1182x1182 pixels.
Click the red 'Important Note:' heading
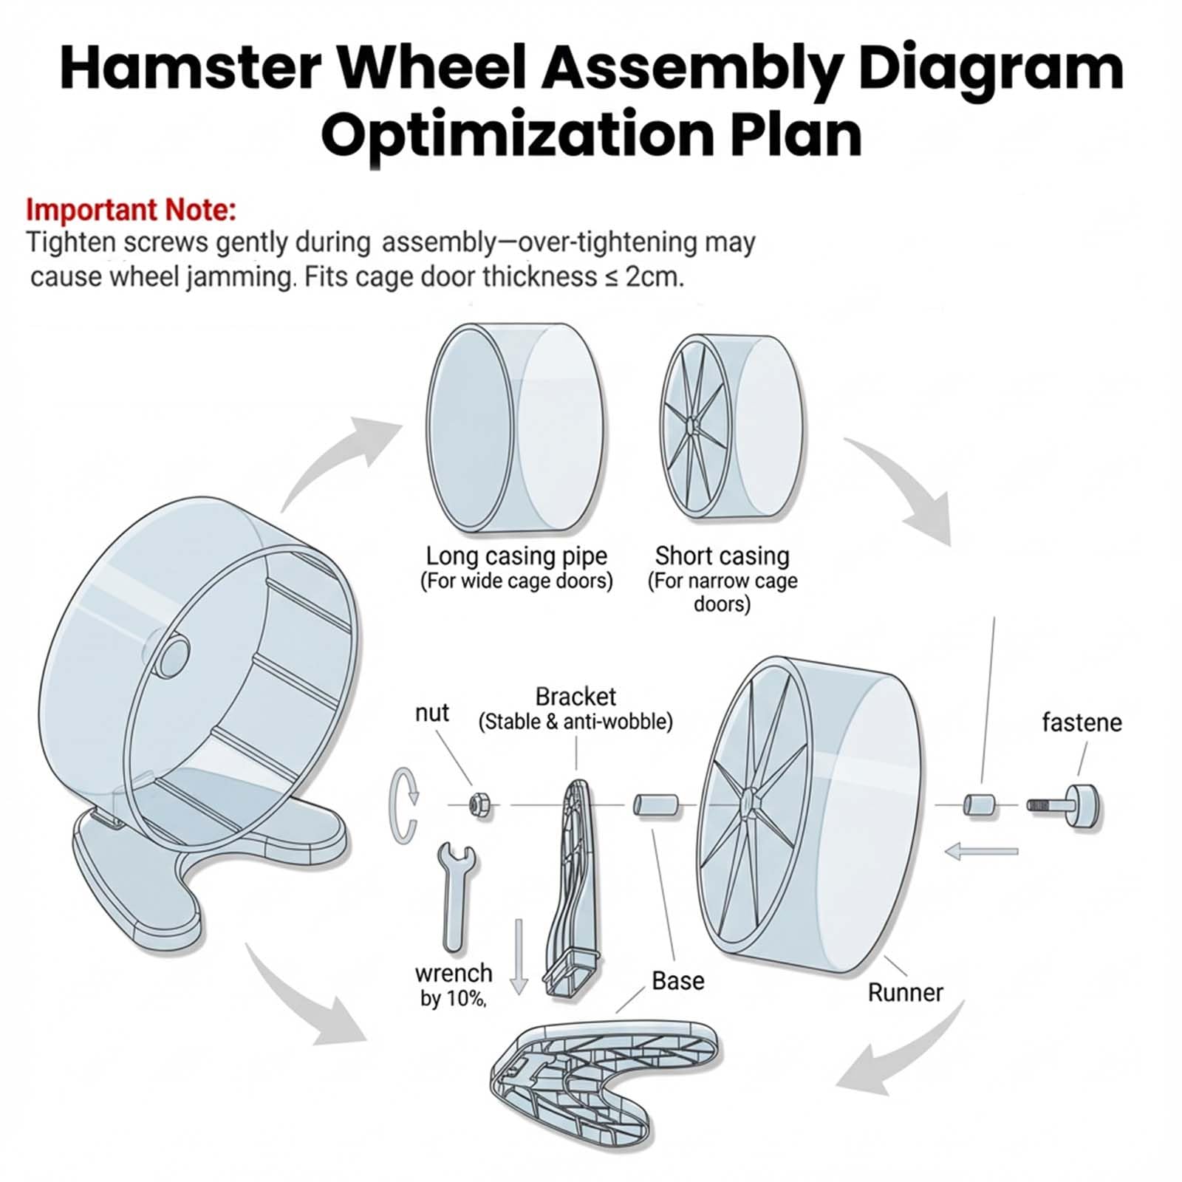pos(131,210)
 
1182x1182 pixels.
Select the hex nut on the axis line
pos(479,803)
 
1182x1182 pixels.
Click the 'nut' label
pos(431,713)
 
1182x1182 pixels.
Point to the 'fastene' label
pos(1081,722)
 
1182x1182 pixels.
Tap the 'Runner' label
pos(905,992)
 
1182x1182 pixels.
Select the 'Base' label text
pos(677,980)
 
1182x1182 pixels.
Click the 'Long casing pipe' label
pos(516,556)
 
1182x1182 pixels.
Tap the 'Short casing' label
pos(722,556)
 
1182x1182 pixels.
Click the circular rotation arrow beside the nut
pos(403,805)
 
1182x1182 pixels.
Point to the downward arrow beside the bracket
pos(519,957)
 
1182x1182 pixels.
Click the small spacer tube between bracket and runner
pos(656,804)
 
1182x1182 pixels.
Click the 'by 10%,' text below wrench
pos(453,998)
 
